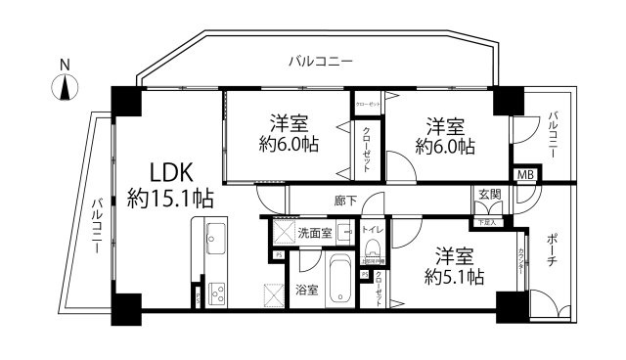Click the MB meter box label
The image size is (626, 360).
[x=525, y=174]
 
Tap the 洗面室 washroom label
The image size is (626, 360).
[x=315, y=232]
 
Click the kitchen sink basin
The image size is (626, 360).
[x=216, y=239]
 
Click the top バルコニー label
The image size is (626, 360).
[x=320, y=62]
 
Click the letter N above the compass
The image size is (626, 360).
[x=65, y=66]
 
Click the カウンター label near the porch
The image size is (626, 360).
[x=520, y=264]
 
